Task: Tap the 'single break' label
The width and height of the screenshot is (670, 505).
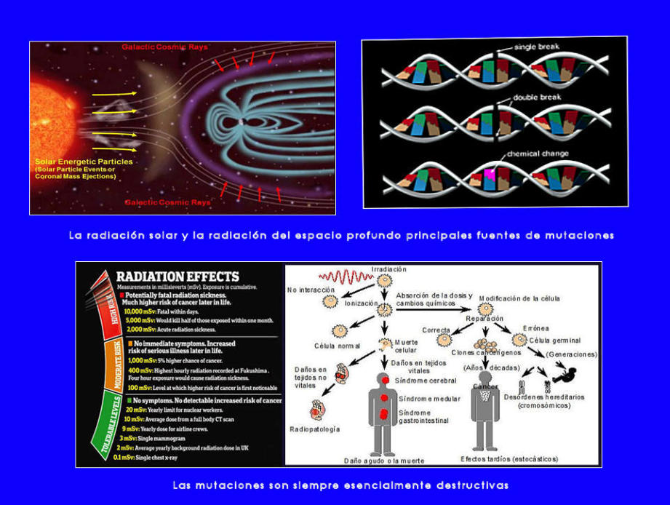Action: tap(536, 47)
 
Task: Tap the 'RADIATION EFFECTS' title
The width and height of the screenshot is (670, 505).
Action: tap(178, 277)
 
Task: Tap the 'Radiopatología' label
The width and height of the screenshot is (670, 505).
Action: tap(316, 429)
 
